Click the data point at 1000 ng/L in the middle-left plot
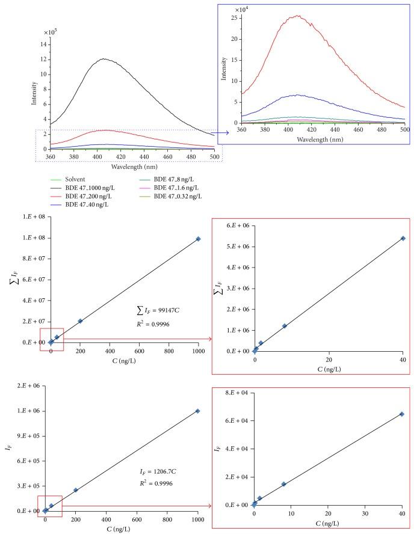click(198, 239)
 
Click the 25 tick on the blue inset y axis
click(229, 18)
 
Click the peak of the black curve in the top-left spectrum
click(104, 58)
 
